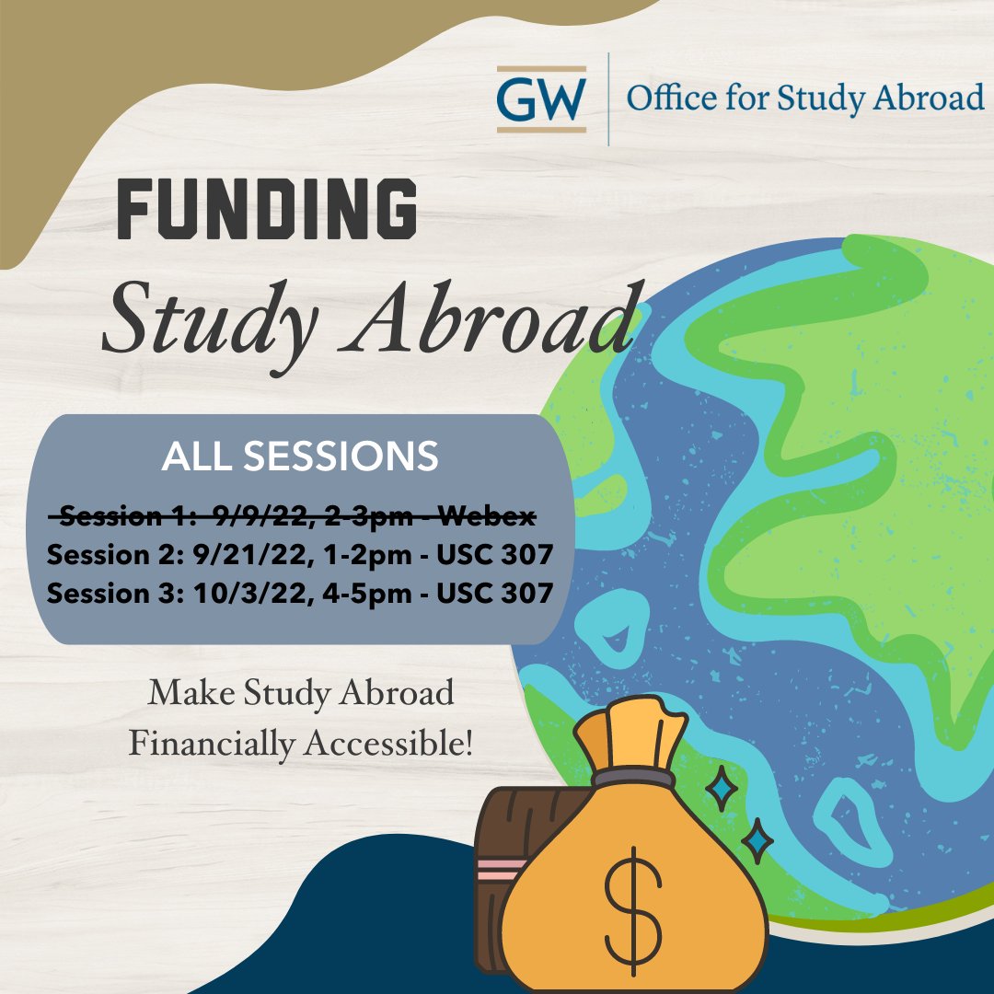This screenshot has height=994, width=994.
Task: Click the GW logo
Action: (541, 98)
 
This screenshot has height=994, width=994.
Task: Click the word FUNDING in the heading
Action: (267, 211)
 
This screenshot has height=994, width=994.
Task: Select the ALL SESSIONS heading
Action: (300, 457)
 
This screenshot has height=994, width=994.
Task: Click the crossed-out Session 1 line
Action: (293, 517)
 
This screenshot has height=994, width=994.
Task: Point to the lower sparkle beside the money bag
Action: (757, 839)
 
